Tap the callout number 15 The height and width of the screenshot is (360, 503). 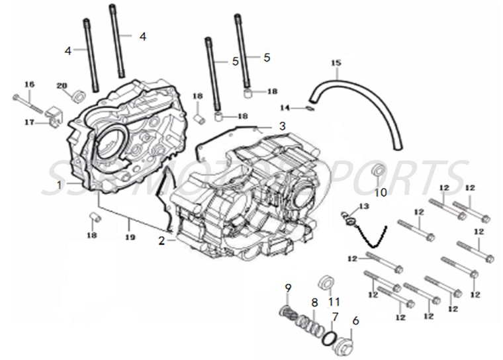pyautogui.click(x=336, y=63)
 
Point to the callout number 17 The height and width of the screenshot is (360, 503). pyautogui.click(x=28, y=122)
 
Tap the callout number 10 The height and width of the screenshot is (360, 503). pyautogui.click(x=381, y=193)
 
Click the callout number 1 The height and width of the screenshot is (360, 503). pyautogui.click(x=60, y=184)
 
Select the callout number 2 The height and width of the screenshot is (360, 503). pyautogui.click(x=161, y=241)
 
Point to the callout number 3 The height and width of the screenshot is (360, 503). pyautogui.click(x=263, y=126)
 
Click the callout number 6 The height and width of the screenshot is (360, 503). pyautogui.click(x=355, y=320)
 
